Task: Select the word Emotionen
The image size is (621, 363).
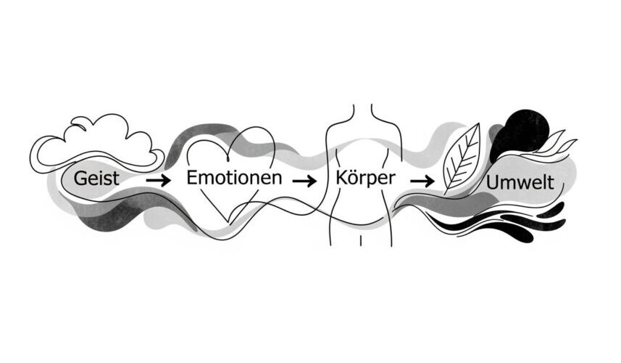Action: click(x=234, y=178)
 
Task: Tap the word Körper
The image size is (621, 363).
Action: click(x=365, y=178)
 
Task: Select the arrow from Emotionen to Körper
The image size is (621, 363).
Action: click(x=304, y=180)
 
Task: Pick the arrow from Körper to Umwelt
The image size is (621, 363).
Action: click(x=423, y=179)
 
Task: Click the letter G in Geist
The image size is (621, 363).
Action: click(x=75, y=178)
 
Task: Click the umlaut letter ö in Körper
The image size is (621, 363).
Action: click(x=354, y=179)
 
